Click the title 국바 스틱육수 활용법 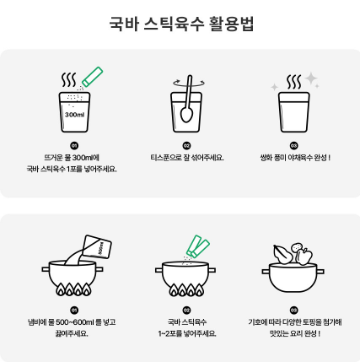pos(181,24)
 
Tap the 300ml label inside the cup pos(74,115)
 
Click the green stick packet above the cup pos(93,77)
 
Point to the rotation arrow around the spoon pos(188,83)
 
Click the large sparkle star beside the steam pos(311,78)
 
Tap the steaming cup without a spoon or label pos(294,112)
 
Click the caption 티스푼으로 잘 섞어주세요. pos(187,158)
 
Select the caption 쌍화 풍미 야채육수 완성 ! pos(295,158)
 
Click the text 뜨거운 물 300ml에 pos(72,158)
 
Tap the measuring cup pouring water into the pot pos(97,246)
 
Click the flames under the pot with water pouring pos(73,289)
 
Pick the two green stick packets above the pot pos(198,246)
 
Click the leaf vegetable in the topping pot pos(283,255)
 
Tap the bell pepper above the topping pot pos(304,257)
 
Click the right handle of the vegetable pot pos(320,272)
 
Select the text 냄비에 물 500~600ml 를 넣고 pos(72,322)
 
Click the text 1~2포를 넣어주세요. pos(187,334)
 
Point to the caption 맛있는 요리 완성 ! pos(295,334)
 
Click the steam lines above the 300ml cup pos(69,80)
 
